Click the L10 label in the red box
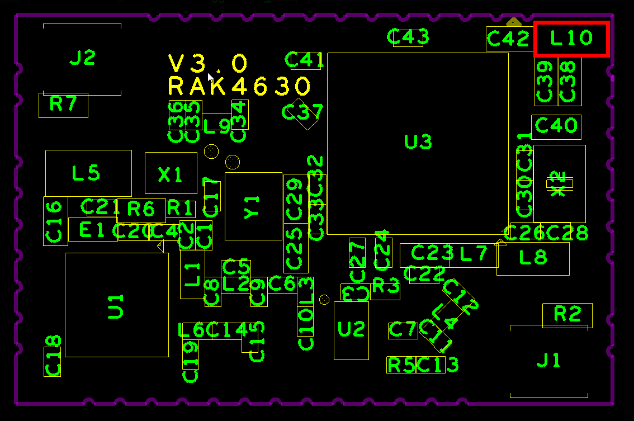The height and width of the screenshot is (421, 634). [x=571, y=39]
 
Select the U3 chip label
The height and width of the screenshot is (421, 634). [x=418, y=142]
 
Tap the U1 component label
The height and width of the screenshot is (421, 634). [x=116, y=305]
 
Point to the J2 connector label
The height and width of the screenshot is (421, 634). [x=83, y=58]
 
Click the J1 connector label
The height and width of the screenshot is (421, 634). [x=548, y=361]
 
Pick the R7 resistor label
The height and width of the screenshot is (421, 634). [x=63, y=104]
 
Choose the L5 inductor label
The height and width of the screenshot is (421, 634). [x=86, y=173]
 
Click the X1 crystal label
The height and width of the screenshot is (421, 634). [x=170, y=175]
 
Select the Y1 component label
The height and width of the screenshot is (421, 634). [x=253, y=206]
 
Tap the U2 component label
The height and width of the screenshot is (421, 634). [x=351, y=329]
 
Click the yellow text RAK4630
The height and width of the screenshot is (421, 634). [x=239, y=87]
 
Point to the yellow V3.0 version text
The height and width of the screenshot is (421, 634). [x=207, y=64]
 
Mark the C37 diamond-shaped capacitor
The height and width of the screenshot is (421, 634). [x=302, y=112]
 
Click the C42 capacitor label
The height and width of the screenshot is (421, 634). [x=508, y=39]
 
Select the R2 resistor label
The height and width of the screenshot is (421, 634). [x=567, y=314]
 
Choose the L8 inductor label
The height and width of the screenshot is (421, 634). [x=533, y=257]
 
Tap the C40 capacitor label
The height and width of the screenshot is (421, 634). [x=556, y=126]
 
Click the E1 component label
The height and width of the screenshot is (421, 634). [x=92, y=230]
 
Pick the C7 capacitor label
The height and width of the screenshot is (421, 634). [x=403, y=330]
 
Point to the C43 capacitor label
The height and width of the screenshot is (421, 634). [x=408, y=37]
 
